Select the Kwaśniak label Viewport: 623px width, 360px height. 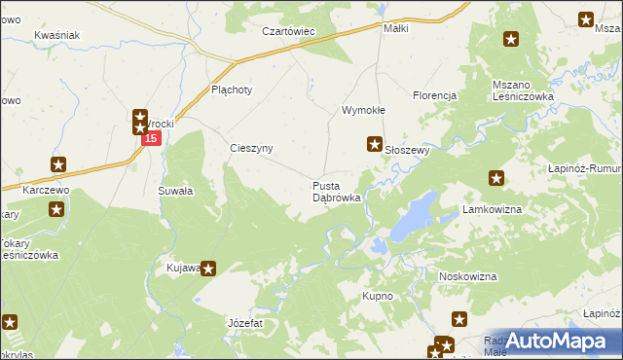[56, 35]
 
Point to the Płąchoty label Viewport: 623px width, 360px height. [232, 90]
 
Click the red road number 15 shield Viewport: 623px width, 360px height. [151, 140]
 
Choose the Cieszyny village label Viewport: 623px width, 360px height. [251, 148]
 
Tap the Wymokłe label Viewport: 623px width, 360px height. [363, 110]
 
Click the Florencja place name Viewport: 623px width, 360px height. [434, 95]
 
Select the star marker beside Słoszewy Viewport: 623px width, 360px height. [374, 145]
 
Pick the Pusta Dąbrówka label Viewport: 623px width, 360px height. [337, 191]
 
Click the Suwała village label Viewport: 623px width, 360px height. [175, 192]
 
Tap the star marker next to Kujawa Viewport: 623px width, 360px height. [208, 269]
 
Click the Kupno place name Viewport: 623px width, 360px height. [378, 295]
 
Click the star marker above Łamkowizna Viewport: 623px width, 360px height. [496, 178]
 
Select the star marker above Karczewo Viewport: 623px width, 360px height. [59, 166]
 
